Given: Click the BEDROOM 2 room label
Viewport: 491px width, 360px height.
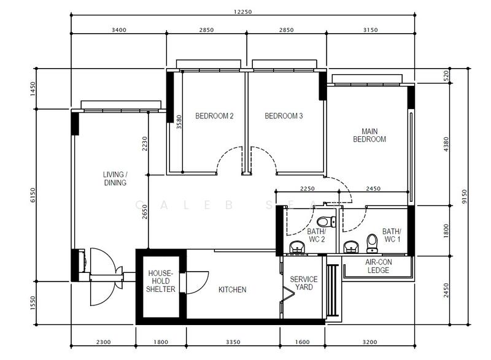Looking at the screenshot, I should [214, 116].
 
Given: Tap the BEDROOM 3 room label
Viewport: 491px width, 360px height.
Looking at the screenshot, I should [284, 116].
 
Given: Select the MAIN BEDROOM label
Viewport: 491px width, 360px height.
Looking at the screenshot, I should [369, 135].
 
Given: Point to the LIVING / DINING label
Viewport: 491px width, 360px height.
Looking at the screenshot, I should [115, 178].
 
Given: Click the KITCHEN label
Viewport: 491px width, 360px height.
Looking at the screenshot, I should [233, 289].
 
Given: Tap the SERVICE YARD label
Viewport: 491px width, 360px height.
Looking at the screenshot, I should [304, 283].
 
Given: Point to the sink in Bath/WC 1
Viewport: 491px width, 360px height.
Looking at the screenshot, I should [350, 247].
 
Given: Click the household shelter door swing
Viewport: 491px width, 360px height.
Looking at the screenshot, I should [195, 283].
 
